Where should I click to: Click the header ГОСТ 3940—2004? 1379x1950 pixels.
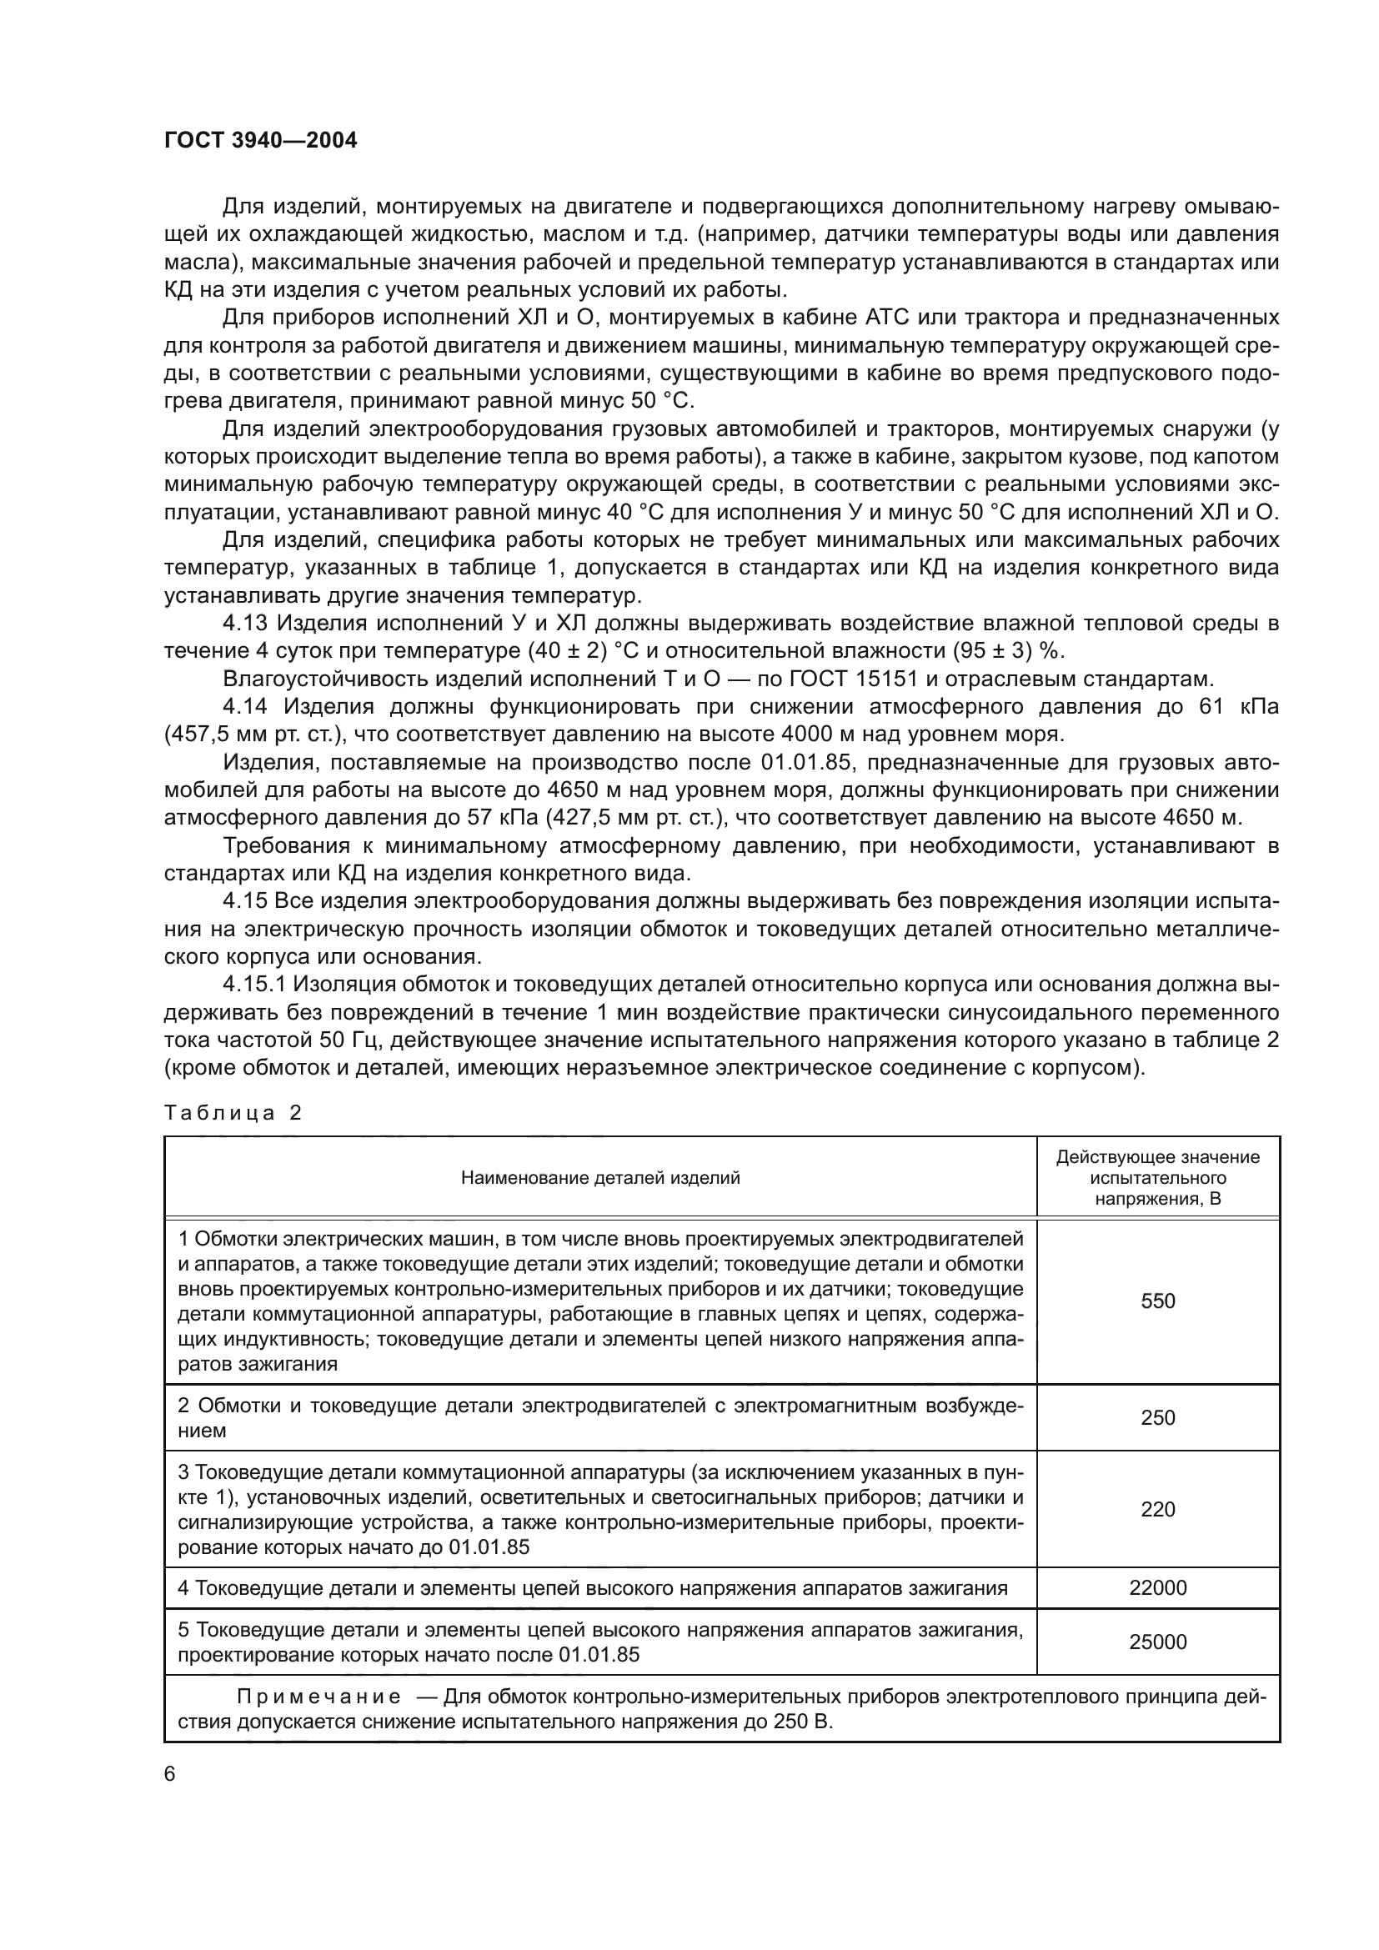[260, 141]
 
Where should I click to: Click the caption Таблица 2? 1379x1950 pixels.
[233, 1113]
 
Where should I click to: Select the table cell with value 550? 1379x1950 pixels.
[1157, 1301]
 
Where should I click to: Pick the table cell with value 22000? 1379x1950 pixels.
[1157, 1587]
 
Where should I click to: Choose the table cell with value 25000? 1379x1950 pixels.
[1157, 1642]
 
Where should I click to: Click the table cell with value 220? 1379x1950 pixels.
[1157, 1509]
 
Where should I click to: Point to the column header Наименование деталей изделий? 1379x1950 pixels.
[599, 1178]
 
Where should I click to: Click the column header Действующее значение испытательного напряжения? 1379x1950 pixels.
[1157, 1178]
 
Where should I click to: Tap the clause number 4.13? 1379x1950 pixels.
[245, 624]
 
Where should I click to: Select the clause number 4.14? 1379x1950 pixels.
[245, 707]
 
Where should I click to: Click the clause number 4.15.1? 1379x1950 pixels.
[258, 985]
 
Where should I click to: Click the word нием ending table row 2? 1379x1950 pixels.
[202, 1431]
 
